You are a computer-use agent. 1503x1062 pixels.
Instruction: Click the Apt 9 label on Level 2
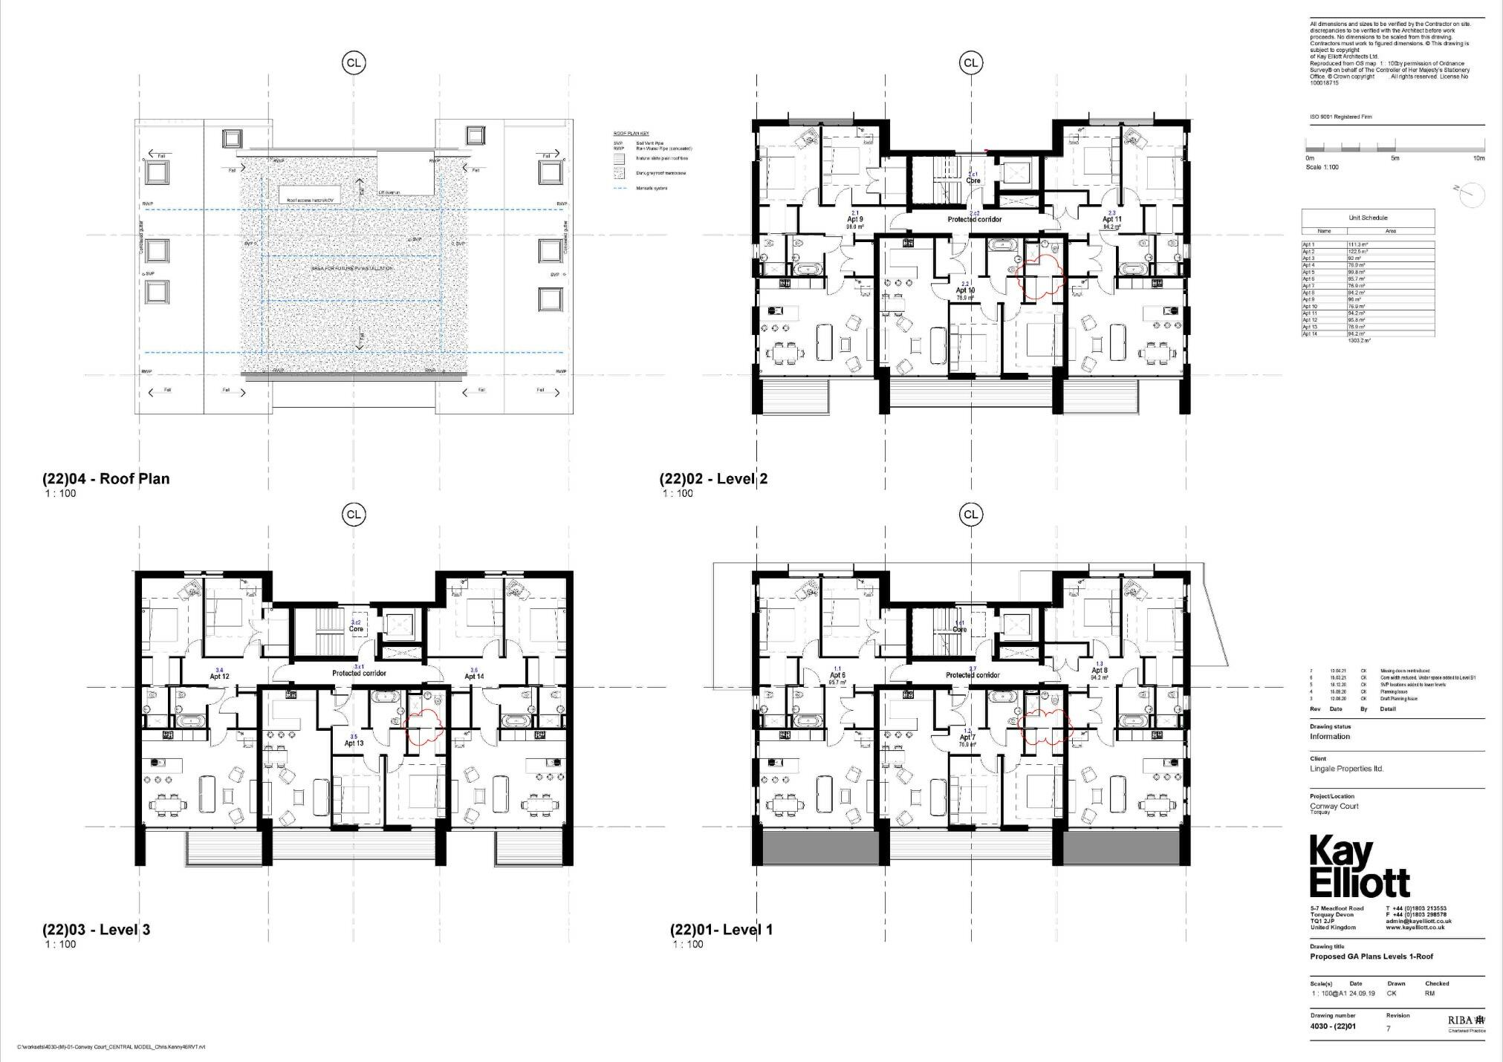[x=854, y=220]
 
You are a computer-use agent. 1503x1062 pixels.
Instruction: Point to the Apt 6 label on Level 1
[x=837, y=676]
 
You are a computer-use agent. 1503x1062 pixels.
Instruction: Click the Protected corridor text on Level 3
[x=359, y=674]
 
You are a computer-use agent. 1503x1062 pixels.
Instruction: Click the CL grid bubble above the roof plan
[x=354, y=63]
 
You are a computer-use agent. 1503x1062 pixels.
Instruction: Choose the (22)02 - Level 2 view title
[x=713, y=479]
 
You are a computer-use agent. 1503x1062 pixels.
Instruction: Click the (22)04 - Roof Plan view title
[x=105, y=479]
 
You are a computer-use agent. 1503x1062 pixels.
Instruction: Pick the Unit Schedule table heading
[x=1368, y=218]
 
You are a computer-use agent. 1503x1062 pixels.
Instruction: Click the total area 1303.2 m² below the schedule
[x=1358, y=341]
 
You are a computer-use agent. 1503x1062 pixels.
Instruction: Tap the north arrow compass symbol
[x=1473, y=195]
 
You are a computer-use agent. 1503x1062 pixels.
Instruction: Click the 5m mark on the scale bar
[x=1395, y=158]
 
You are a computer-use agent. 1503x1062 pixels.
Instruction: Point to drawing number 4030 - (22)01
[x=1334, y=1029]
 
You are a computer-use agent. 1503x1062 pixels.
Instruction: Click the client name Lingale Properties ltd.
[x=1346, y=769]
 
